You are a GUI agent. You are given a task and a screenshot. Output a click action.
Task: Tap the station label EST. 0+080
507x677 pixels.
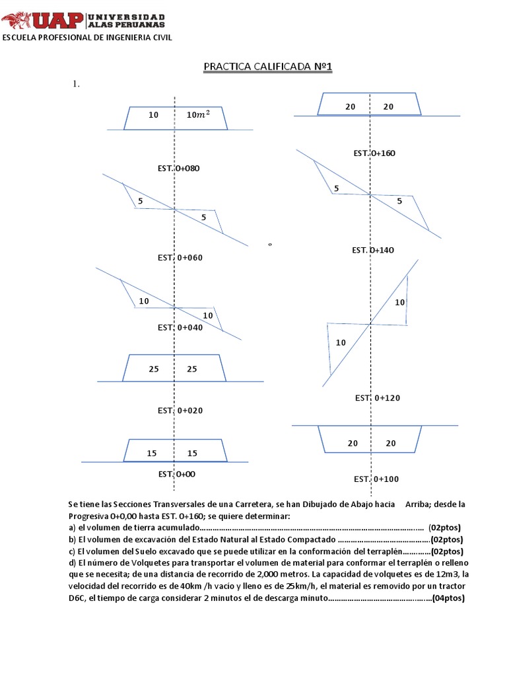click(x=178, y=168)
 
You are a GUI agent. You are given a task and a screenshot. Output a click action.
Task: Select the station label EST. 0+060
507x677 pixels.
click(x=179, y=257)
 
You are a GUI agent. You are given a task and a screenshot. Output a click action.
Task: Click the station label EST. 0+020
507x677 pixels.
click(x=180, y=411)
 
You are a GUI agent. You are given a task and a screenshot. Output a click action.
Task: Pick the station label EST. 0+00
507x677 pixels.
click(x=176, y=474)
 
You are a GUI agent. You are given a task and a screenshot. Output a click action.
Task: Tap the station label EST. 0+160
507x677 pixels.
click(x=374, y=153)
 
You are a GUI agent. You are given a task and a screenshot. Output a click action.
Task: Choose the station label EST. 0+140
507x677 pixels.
click(x=373, y=250)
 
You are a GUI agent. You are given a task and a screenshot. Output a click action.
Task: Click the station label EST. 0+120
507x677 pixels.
click(x=378, y=398)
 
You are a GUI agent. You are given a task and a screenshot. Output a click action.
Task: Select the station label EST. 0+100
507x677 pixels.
click(x=376, y=479)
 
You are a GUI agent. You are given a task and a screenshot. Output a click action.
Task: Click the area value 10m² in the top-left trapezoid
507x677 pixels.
click(x=198, y=114)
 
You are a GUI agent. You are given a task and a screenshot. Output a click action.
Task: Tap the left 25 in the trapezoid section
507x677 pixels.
click(x=154, y=369)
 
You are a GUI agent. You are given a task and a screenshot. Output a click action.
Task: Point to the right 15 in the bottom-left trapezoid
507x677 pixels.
click(x=192, y=454)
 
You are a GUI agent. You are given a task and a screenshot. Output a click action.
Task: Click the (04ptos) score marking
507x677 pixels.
click(x=448, y=599)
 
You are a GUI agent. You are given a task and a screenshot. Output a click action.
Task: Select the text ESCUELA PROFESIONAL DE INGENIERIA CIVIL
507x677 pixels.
click(x=88, y=38)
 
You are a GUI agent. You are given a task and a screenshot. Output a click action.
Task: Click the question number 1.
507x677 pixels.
click(x=76, y=84)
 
